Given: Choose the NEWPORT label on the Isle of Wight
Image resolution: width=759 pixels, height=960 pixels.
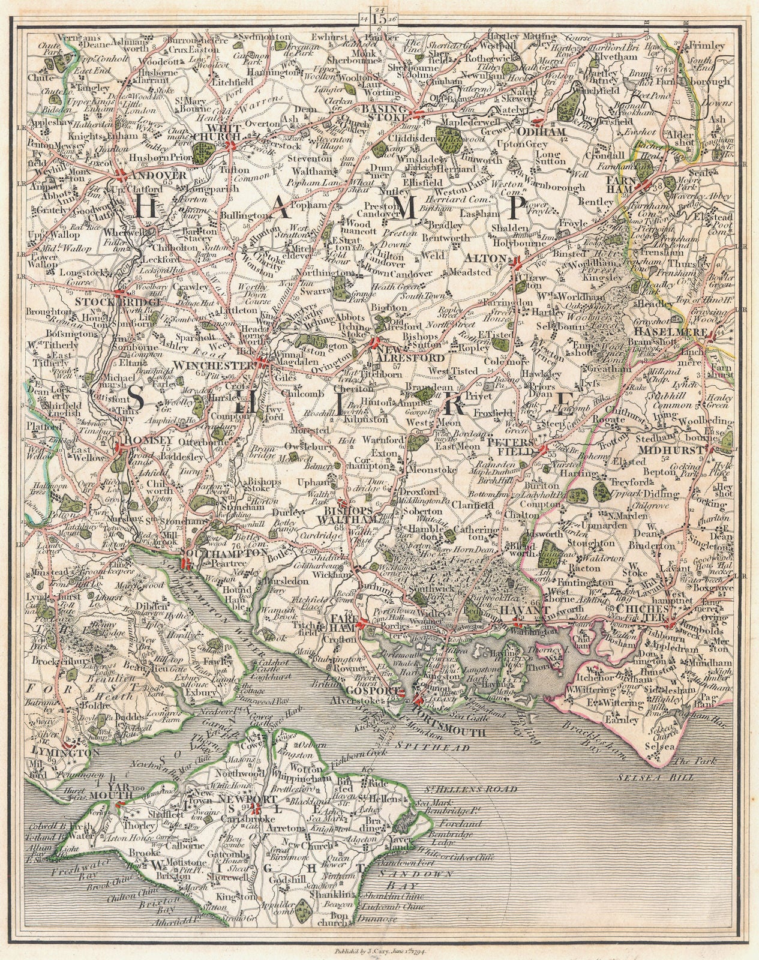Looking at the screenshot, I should pyautogui.click(x=239, y=799).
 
